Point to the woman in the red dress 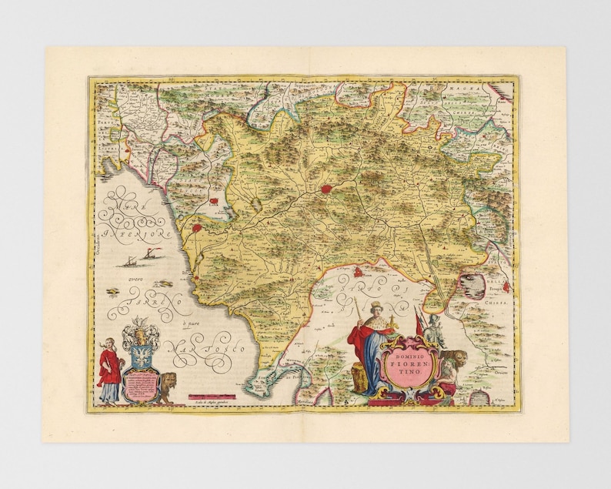108,370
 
